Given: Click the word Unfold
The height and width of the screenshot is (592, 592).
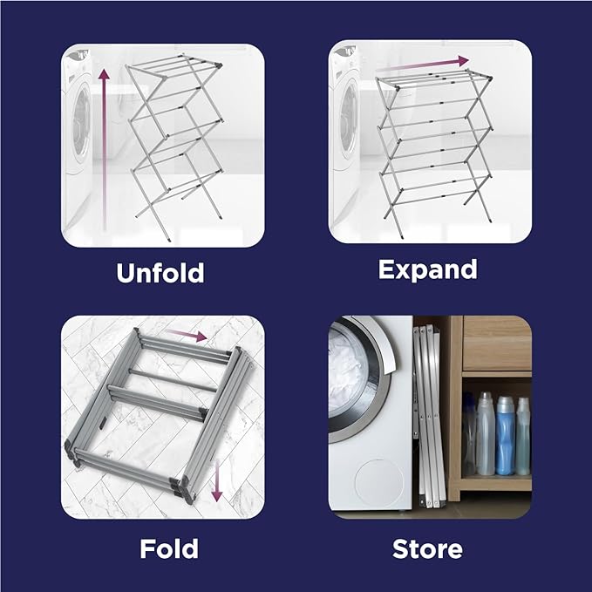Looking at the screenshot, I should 160,272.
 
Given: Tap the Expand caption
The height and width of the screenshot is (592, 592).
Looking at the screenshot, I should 427,269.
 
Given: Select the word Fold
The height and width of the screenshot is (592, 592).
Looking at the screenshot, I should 169,549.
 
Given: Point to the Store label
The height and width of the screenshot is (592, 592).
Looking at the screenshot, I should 427,549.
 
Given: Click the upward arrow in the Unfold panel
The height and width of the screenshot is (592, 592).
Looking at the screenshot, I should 104,148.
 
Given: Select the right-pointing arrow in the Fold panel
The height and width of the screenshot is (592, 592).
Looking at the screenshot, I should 187,334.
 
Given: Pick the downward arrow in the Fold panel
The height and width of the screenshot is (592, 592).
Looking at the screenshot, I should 217,488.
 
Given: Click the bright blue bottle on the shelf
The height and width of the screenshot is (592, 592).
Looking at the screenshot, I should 505,435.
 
